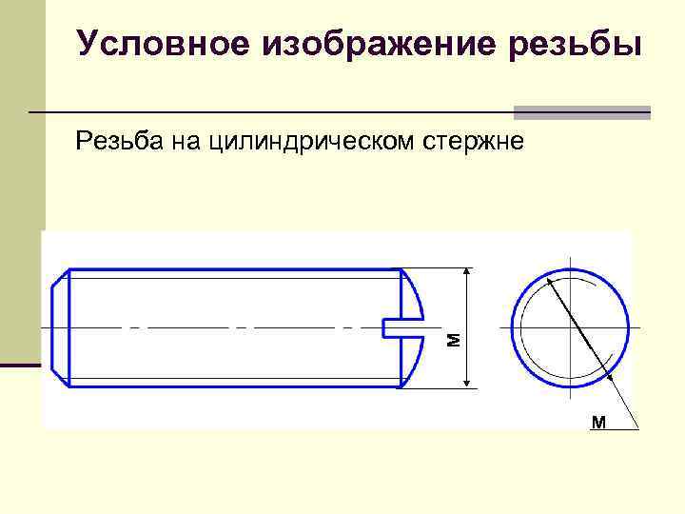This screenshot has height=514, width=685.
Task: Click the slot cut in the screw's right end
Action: [x=401, y=327]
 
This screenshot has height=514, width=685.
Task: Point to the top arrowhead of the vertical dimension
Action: [x=466, y=274]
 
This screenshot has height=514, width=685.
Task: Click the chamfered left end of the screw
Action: [x=60, y=327]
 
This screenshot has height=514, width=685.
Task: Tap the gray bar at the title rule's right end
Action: [x=582, y=111]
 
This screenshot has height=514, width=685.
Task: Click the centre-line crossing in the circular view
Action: [x=570, y=327]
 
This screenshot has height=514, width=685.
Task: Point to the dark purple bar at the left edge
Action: [x=21, y=365]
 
